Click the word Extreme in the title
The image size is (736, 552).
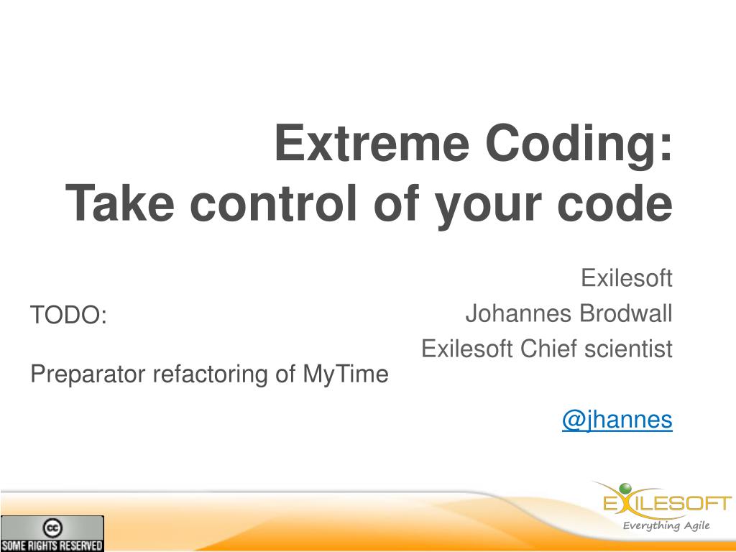pyautogui.click(x=372, y=143)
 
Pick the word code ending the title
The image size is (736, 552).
pyautogui.click(x=615, y=203)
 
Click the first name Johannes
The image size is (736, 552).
pyautogui.click(x=518, y=313)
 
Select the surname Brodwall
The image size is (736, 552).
pyautogui.click(x=626, y=313)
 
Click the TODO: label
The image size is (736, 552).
pyautogui.click(x=68, y=315)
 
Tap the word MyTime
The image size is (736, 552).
pyautogui.click(x=346, y=374)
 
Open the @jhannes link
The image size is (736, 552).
pyautogui.click(x=617, y=419)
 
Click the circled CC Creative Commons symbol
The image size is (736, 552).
pyautogui.click(x=52, y=528)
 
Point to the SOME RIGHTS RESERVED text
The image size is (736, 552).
pyautogui.click(x=52, y=546)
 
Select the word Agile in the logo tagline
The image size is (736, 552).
pyautogui.click(x=696, y=525)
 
